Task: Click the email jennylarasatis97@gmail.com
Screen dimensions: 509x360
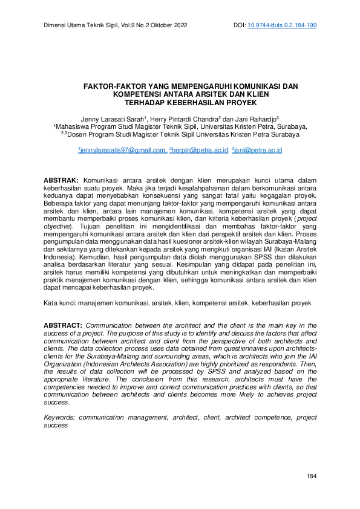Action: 124,149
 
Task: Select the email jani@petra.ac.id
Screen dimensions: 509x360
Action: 260,149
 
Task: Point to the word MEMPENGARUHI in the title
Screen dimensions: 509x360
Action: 176,86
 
